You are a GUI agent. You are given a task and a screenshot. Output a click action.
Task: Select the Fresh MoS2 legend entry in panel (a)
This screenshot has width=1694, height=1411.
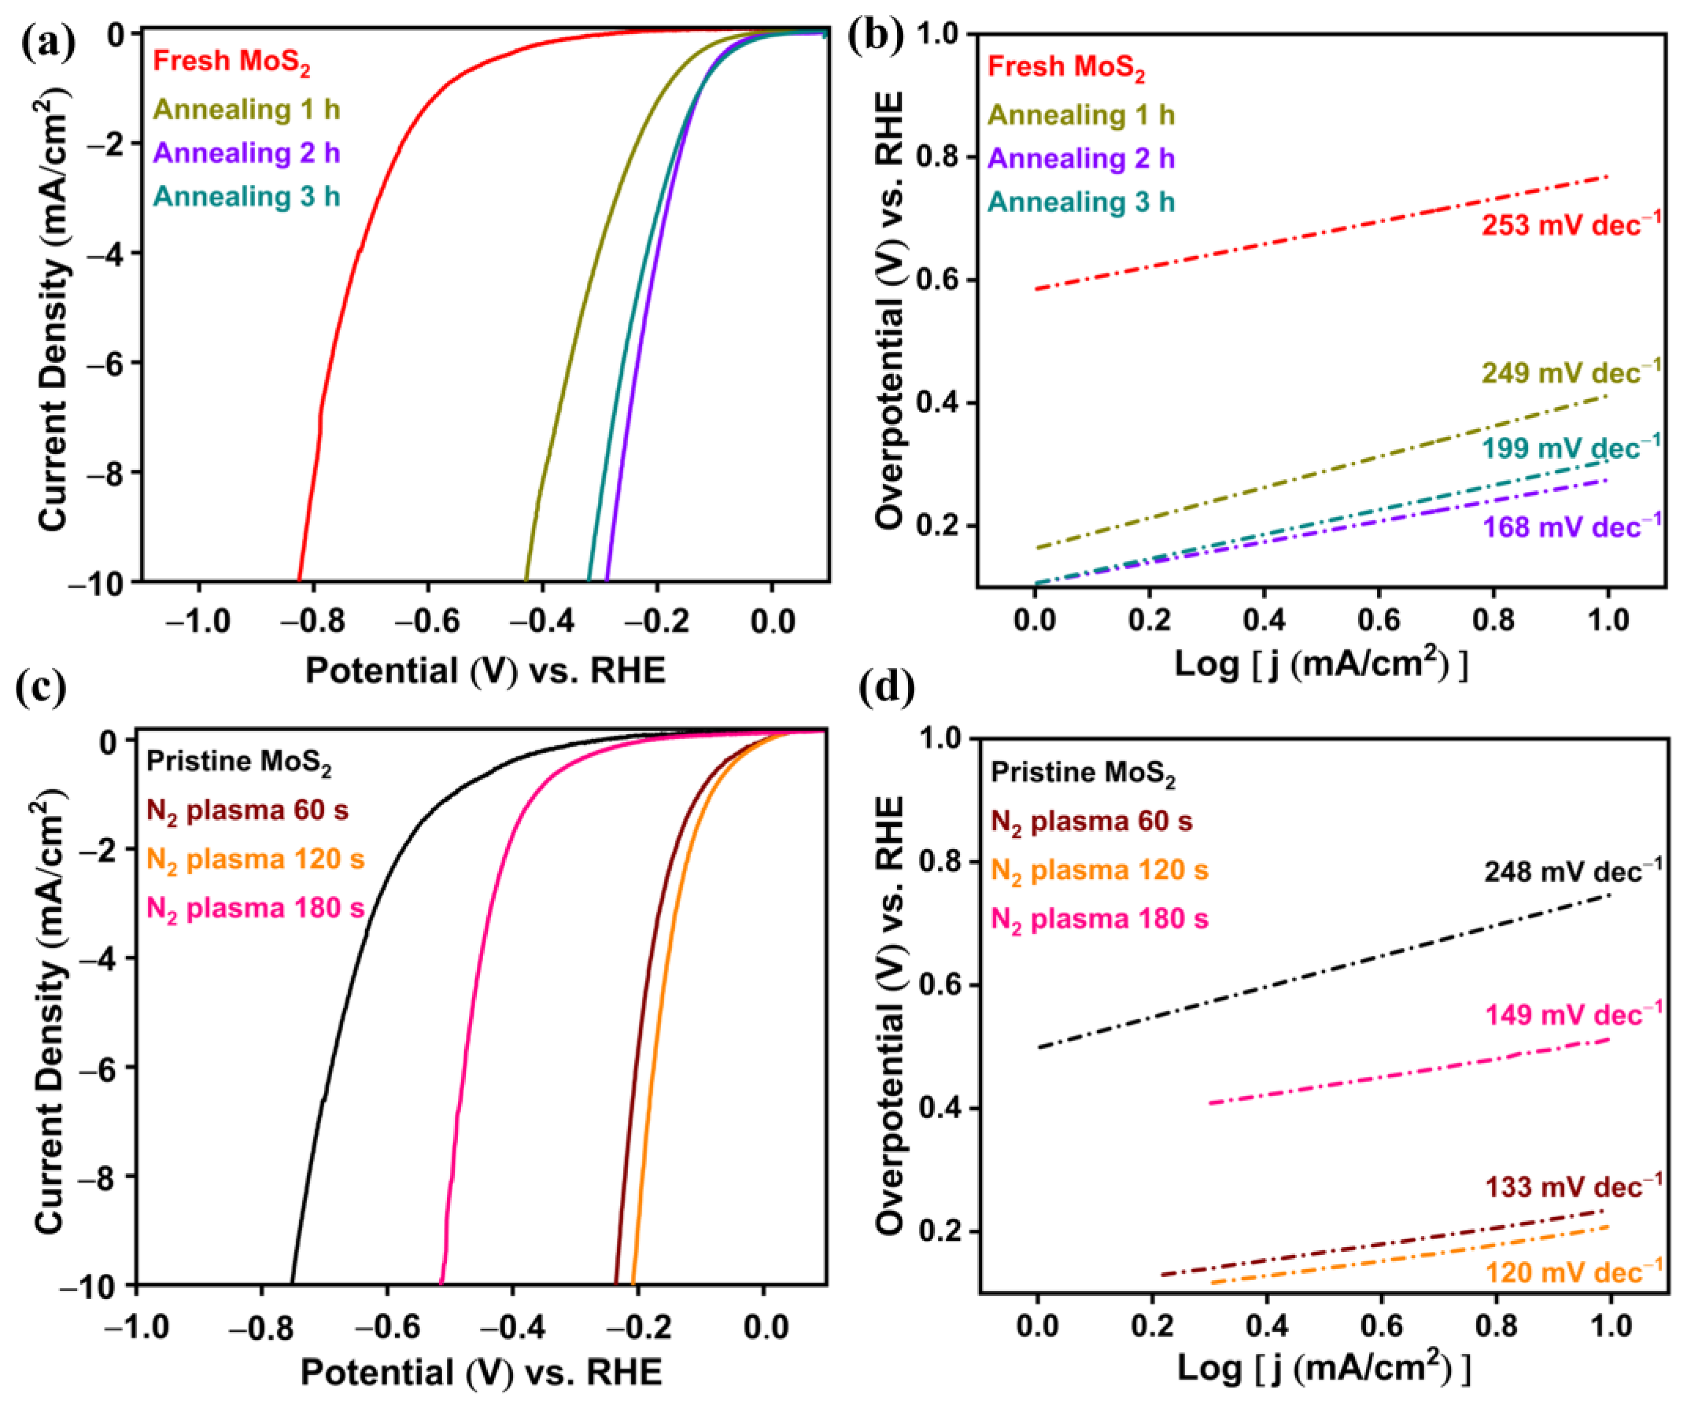(232, 63)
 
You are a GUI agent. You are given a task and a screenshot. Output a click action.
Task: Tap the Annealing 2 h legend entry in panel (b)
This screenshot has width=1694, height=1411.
(1081, 159)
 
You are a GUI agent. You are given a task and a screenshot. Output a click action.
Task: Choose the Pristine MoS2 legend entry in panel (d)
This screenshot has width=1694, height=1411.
(1083, 774)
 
